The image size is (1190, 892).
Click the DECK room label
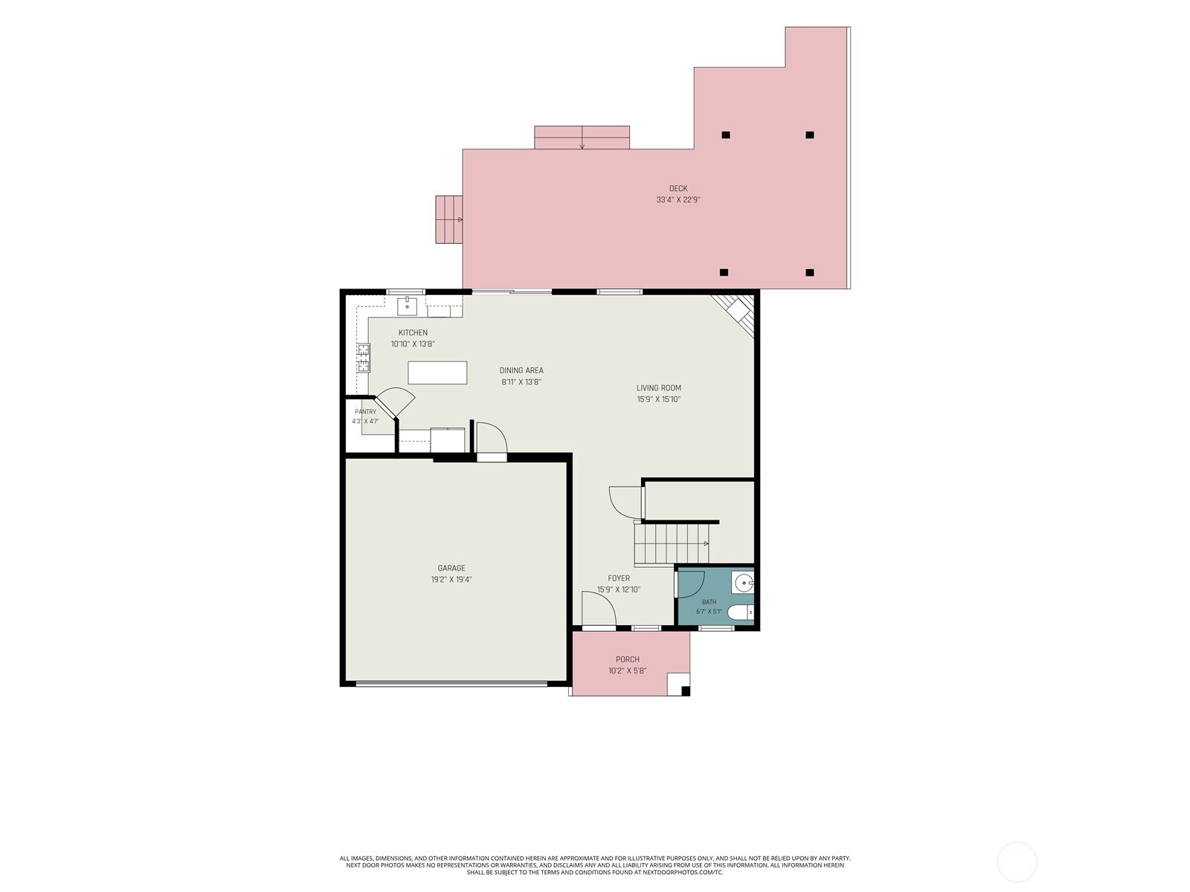pyautogui.click(x=678, y=189)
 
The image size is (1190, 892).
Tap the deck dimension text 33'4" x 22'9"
pyautogui.click(x=678, y=200)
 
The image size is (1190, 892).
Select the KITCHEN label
pyautogui.click(x=413, y=332)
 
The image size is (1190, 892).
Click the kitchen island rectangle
pyautogui.click(x=437, y=372)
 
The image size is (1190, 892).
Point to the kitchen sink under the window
pyautogui.click(x=407, y=306)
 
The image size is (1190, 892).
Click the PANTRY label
pyautogui.click(x=365, y=412)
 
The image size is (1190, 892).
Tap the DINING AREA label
pyautogui.click(x=521, y=370)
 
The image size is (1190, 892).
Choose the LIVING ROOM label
pyautogui.click(x=658, y=388)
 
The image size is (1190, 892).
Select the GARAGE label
pyautogui.click(x=451, y=568)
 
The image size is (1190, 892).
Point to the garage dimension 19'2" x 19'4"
pyautogui.click(x=451, y=580)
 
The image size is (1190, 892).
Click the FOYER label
pyautogui.click(x=619, y=578)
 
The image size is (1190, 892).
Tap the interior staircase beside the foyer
pyautogui.click(x=672, y=543)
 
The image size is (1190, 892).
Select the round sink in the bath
pyautogui.click(x=743, y=584)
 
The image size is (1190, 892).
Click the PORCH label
pyautogui.click(x=627, y=659)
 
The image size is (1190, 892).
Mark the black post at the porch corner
pyautogui.click(x=685, y=691)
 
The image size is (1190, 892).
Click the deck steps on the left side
pyautogui.click(x=449, y=219)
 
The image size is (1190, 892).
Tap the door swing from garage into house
pyautogui.click(x=491, y=439)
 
